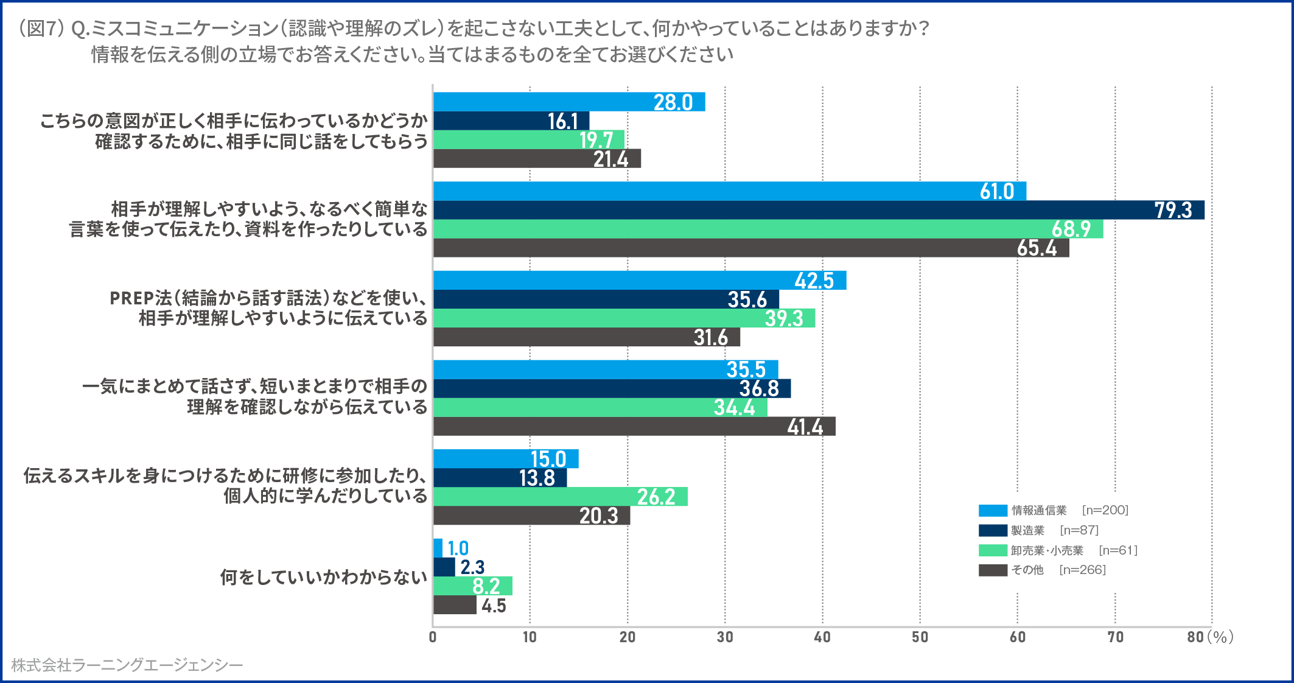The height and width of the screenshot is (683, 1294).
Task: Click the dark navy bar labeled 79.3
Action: (818, 210)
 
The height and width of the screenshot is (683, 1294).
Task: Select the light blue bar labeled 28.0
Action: (568, 102)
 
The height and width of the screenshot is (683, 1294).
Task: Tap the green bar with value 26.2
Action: (560, 497)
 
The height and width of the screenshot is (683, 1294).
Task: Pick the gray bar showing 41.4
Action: (634, 426)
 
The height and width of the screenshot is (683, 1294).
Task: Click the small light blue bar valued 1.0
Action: (438, 548)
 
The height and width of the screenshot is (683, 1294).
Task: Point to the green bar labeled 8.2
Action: (472, 586)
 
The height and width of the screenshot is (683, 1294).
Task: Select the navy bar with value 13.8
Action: (499, 478)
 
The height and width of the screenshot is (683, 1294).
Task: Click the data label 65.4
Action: (1037, 248)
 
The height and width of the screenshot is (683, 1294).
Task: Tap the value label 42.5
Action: (814, 281)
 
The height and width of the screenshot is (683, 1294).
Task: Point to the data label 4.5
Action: (494, 606)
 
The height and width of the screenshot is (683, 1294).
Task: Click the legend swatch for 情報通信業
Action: (993, 511)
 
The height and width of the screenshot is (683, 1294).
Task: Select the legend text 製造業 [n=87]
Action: (1055, 530)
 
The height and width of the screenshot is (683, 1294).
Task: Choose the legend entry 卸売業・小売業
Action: (1047, 550)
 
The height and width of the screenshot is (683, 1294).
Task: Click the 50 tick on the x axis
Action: (920, 637)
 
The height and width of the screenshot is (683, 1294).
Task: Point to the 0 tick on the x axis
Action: (433, 637)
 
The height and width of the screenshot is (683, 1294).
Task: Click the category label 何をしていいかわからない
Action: (324, 577)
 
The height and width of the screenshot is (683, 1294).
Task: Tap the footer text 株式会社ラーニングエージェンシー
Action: (127, 665)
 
